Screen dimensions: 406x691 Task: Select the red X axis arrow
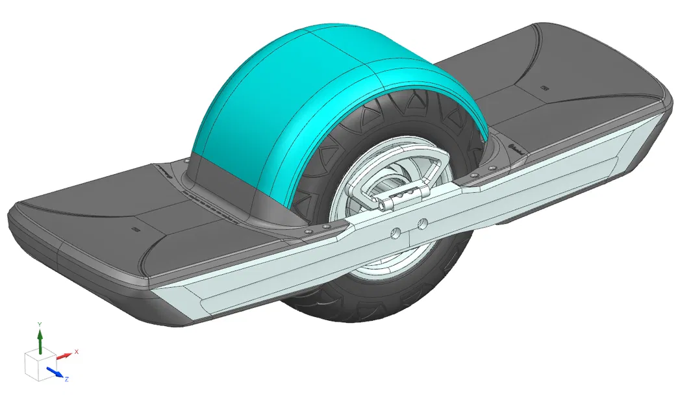pos(64,356)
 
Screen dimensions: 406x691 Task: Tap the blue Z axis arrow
pos(57,373)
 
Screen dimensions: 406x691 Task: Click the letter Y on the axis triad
pos(40,324)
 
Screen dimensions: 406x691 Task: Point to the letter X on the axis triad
pos(77,351)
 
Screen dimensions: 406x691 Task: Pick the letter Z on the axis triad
pos(67,379)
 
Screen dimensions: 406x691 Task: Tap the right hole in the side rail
pos(423,224)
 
